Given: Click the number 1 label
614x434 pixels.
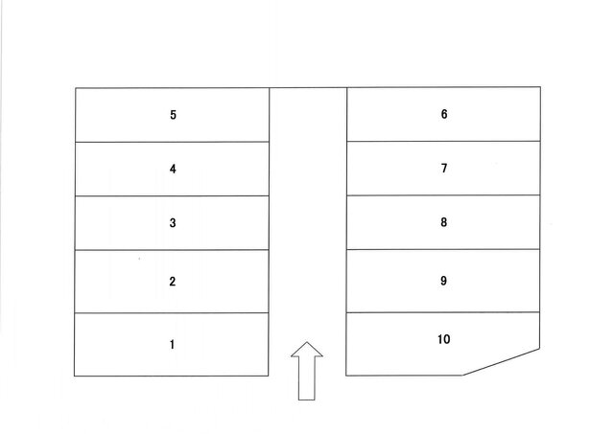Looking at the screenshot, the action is (172, 345).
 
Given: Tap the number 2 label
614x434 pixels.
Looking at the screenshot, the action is (173, 282).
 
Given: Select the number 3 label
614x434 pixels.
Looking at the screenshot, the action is (173, 223).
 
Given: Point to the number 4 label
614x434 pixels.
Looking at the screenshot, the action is (173, 169).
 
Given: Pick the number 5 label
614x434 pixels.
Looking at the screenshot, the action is (173, 115).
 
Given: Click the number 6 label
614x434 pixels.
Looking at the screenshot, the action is (444, 114).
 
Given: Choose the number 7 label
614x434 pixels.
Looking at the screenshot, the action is (444, 168).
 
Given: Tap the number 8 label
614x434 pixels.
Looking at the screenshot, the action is (443, 222).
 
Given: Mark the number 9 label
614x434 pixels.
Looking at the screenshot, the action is (443, 281).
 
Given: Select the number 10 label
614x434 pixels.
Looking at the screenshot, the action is (443, 339).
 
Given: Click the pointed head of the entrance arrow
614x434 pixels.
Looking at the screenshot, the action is (307, 343).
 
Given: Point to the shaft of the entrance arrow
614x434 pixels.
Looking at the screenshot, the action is (307, 378).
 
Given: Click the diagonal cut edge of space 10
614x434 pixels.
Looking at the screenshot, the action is (502, 362).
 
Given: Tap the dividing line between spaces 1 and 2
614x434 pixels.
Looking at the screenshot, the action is (172, 312).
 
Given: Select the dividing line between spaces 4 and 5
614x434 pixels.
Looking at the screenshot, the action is (173, 142).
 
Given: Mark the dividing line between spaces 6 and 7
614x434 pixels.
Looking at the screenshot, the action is (443, 141).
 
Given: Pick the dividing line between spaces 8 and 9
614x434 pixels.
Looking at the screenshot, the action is (443, 249).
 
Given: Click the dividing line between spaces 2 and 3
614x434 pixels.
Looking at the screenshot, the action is (172, 250).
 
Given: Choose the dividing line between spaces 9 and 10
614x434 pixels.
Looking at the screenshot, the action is (443, 312).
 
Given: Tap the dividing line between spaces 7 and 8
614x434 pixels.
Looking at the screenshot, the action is (443, 195).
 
